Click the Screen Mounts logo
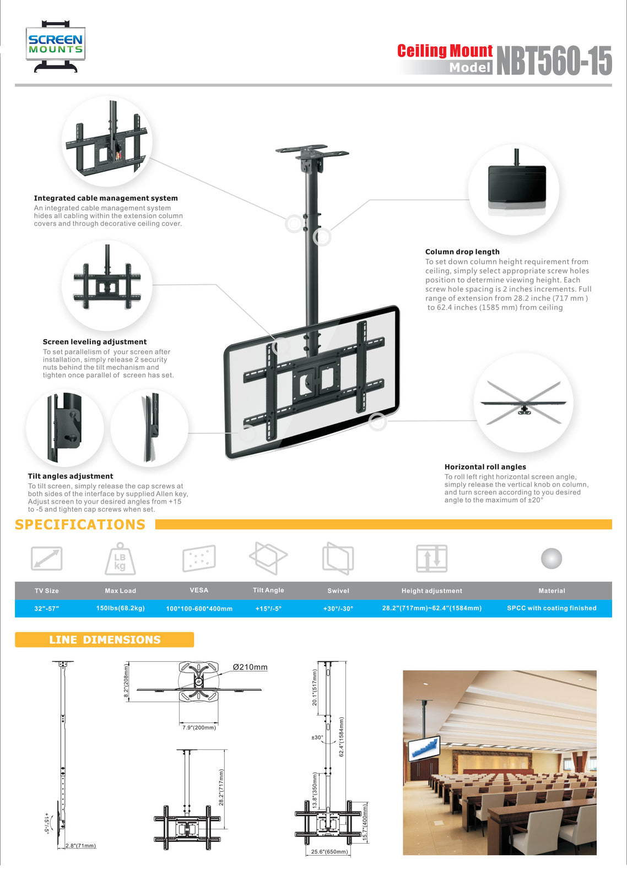pyautogui.click(x=55, y=46)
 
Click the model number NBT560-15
pyautogui.click(x=554, y=60)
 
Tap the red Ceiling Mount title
pyautogui.click(x=445, y=51)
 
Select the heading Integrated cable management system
pyautogui.click(x=106, y=198)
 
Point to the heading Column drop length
pyautogui.click(x=462, y=252)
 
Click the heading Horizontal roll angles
pyautogui.click(x=485, y=467)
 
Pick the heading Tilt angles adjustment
pyautogui.click(x=71, y=476)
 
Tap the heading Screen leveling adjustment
pyautogui.click(x=95, y=342)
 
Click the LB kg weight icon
pyautogui.click(x=120, y=559)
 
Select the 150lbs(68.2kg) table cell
pyautogui.click(x=120, y=608)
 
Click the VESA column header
pyautogui.click(x=199, y=590)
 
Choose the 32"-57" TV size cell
pyautogui.click(x=46, y=608)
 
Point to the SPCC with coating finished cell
pyautogui.click(x=552, y=608)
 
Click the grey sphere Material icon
pyautogui.click(x=552, y=558)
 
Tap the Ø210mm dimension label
pyautogui.click(x=250, y=667)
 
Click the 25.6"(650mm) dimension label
pyautogui.click(x=329, y=852)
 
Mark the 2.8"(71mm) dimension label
pyautogui.click(x=80, y=846)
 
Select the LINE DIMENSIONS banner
pyautogui.click(x=105, y=640)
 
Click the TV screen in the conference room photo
pyautogui.click(x=424, y=748)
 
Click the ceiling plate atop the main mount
pyautogui.click(x=312, y=150)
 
